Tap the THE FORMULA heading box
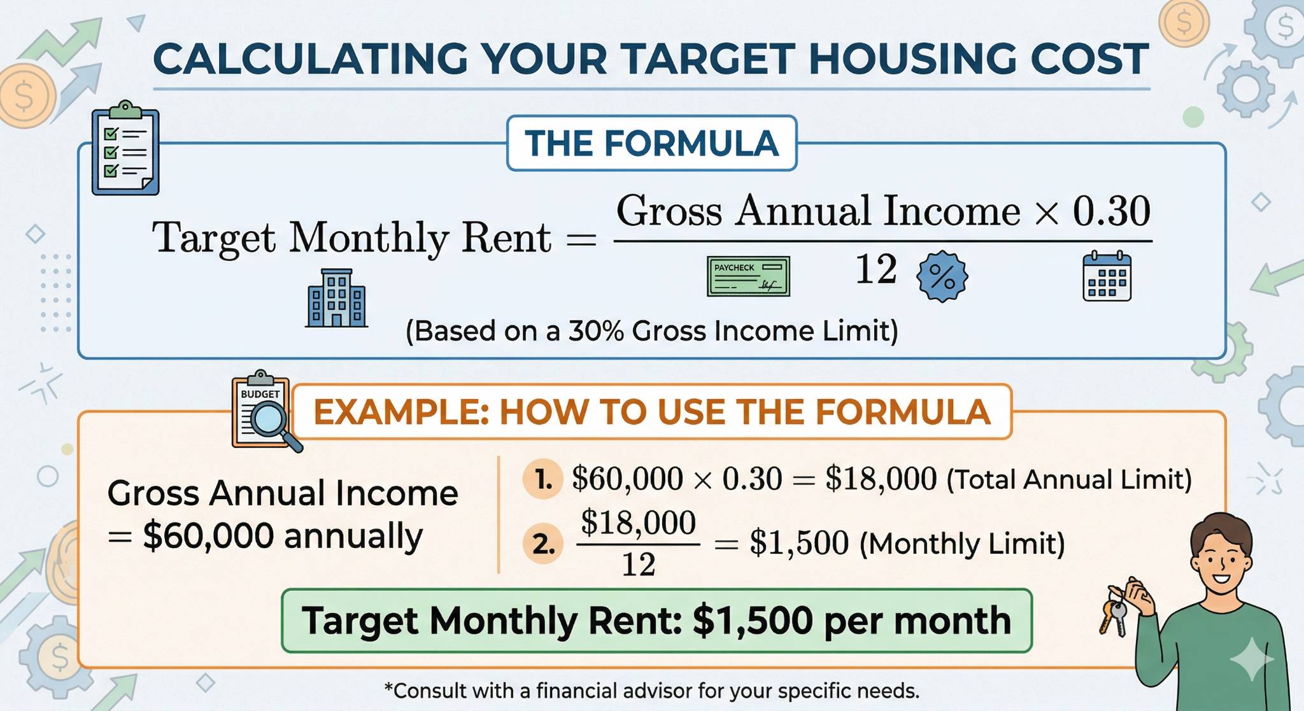pos(651,143)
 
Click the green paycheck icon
pos(748,276)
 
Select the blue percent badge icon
pos(942,276)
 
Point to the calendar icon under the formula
pos(1107,276)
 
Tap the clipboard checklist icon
pos(125,148)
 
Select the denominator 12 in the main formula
pos(876,269)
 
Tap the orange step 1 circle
pos(543,479)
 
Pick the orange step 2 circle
pos(543,544)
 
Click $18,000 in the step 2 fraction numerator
pos(638,523)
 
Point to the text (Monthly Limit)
pos(962,544)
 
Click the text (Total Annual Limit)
pos(1069,479)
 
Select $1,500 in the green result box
pos(753,621)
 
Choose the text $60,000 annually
pos(283,535)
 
